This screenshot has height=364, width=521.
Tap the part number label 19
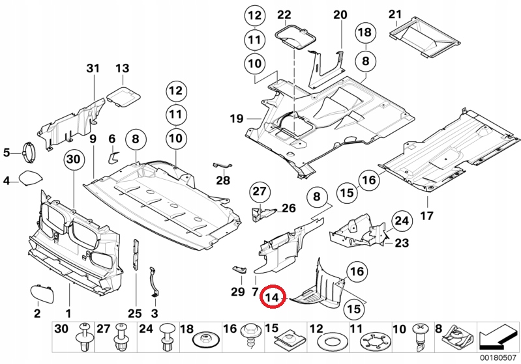point(235,119)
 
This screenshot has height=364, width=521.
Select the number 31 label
point(93,68)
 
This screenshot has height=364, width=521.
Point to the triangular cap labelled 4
point(30,178)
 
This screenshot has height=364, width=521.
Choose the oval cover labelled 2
point(41,292)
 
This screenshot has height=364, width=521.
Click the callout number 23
point(402,244)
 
